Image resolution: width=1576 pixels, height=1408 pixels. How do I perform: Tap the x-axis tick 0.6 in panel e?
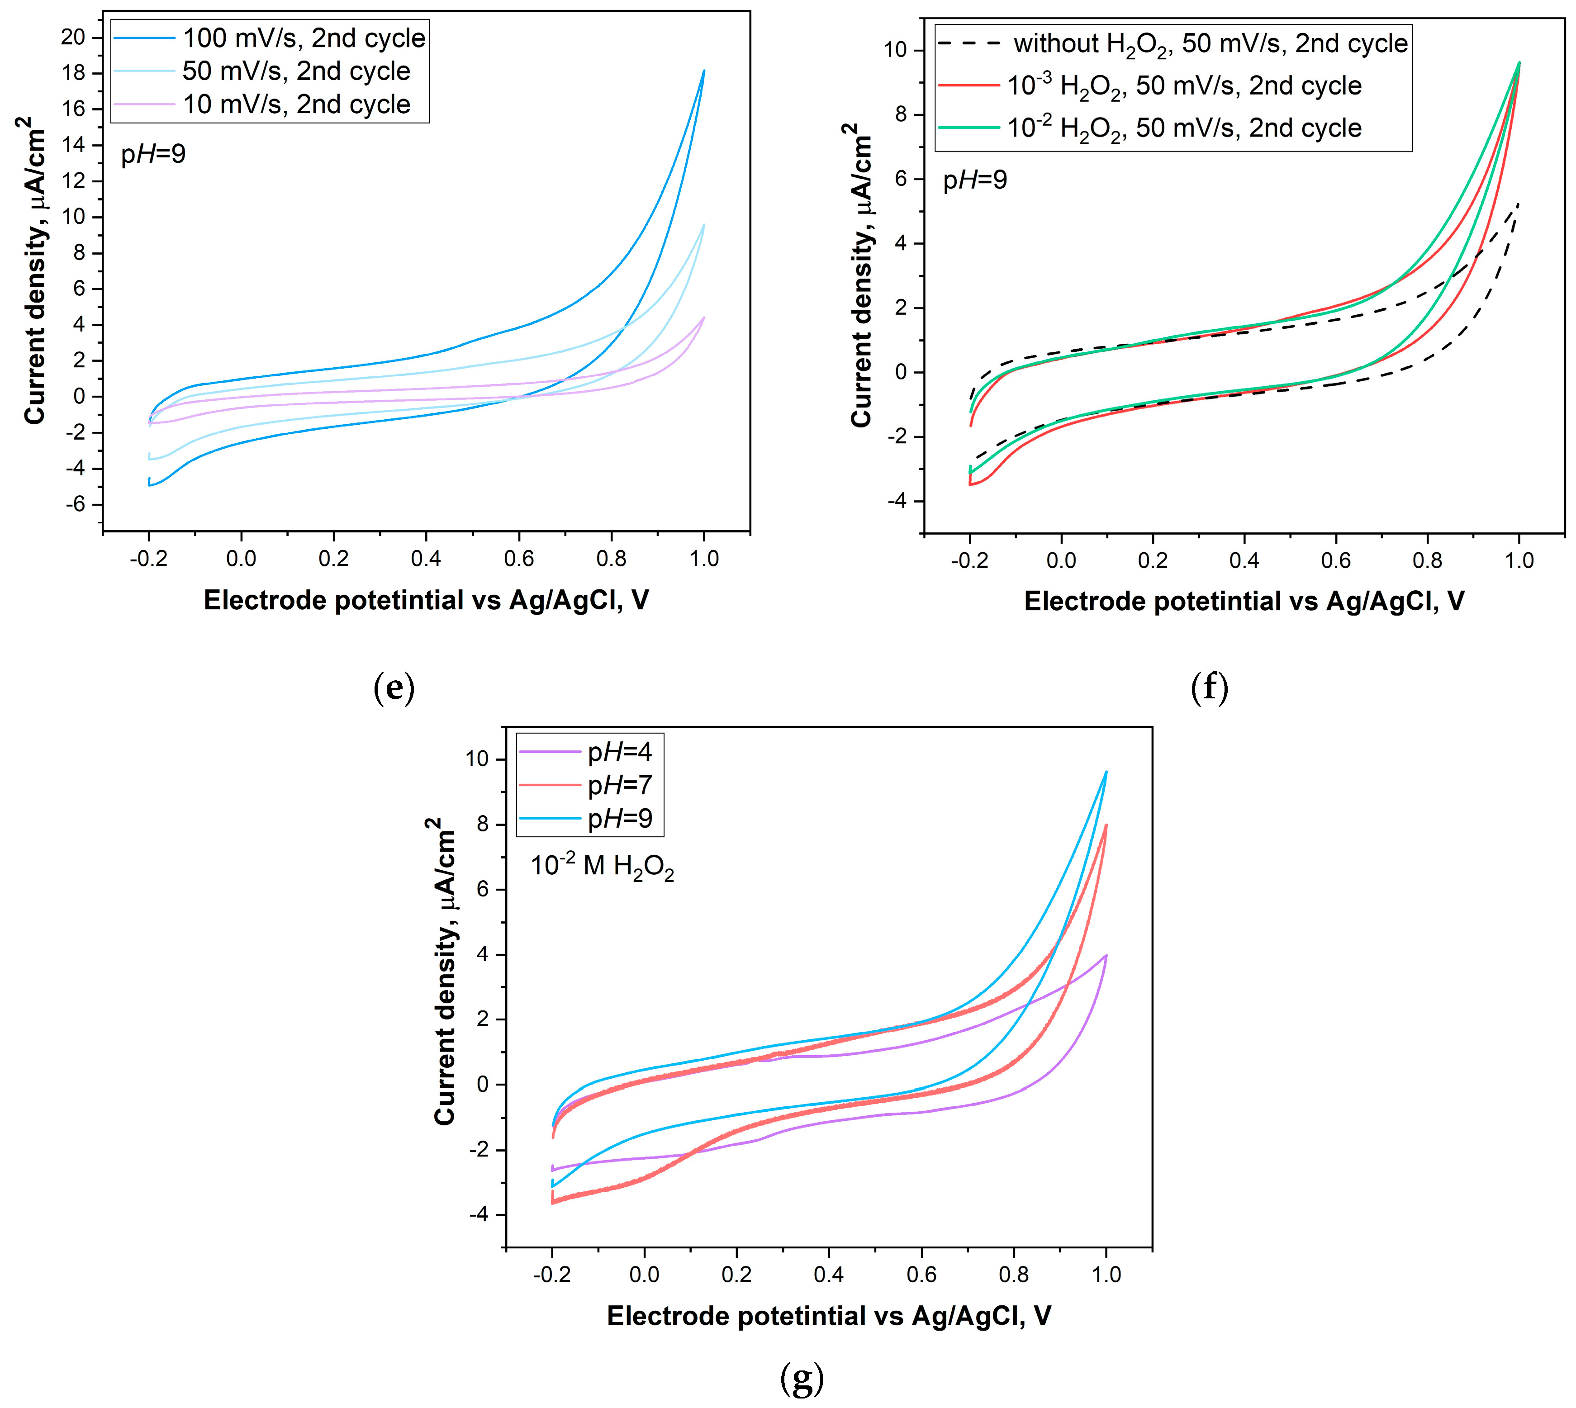pos(518,559)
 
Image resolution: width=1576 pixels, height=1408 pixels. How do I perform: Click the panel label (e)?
pos(394,687)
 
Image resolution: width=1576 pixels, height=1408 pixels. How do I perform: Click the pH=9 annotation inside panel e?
pos(153,155)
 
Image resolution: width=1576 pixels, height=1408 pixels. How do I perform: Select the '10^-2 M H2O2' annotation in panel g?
pos(602,867)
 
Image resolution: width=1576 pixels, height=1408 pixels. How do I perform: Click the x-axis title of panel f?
pos(1244,601)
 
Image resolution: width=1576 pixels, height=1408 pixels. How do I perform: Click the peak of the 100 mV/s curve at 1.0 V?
pos(704,71)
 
